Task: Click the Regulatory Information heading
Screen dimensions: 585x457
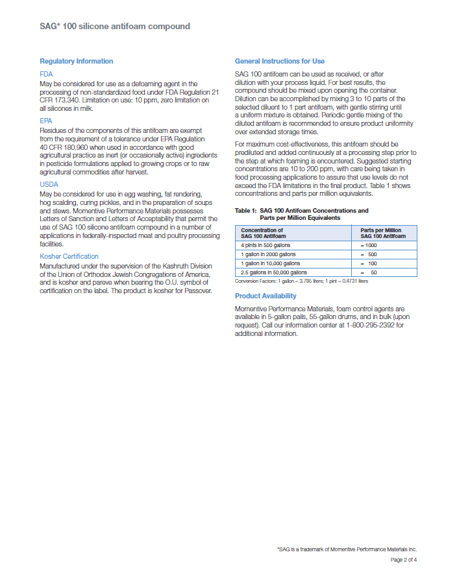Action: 76,61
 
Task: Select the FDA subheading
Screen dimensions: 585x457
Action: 46,75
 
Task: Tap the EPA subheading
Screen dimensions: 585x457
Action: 46,121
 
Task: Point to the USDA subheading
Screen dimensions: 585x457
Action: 49,185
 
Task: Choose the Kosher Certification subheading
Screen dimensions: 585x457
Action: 69,256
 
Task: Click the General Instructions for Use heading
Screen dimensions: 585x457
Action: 279,61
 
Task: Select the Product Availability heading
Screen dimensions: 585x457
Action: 266,296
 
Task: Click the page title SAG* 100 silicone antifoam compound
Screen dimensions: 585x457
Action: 115,26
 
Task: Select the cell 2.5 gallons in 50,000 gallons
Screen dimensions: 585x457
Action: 274,272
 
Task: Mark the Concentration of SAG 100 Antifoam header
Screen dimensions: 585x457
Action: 263,233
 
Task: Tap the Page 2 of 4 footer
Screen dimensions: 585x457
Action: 403,559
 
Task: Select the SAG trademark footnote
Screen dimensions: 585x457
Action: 347,549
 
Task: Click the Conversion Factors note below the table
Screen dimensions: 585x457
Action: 301,281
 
